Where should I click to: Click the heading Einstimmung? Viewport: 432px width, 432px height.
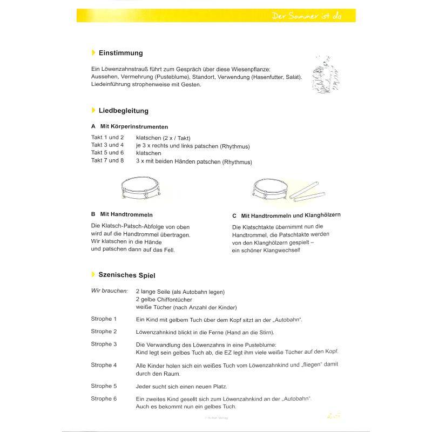point(120,53)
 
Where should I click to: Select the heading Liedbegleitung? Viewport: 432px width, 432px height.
point(123,111)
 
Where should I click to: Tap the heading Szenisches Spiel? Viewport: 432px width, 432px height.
point(126,275)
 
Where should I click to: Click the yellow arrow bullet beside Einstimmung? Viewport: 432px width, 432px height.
point(93,53)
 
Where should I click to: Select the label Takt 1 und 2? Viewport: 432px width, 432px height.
point(107,138)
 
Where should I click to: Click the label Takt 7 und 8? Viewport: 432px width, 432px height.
point(107,160)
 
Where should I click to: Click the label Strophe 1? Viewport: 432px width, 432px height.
point(104,319)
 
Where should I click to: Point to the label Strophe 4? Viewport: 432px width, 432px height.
point(104,365)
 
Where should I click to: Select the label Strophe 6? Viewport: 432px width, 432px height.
point(104,399)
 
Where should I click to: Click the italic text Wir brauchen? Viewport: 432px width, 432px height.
point(109,291)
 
